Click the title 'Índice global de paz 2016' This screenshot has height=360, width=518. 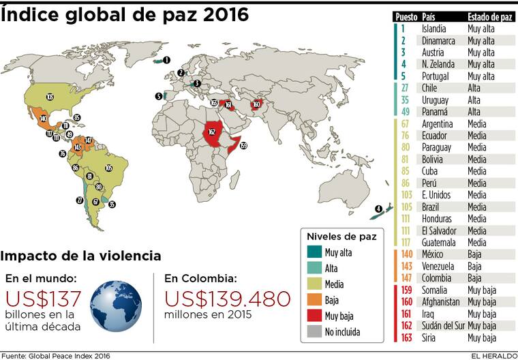click(125, 14)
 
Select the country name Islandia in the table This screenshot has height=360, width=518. click(434, 29)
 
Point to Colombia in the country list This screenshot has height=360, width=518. click(436, 278)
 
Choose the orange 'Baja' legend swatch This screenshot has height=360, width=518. click(314, 301)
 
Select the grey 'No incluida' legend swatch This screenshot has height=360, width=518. click(314, 333)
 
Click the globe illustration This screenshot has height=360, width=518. click(116, 305)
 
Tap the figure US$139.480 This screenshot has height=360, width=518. click(228, 299)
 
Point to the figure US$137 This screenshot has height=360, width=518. click(44, 299)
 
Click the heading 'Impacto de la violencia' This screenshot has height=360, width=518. click(81, 256)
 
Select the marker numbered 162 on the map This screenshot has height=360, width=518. click(211, 132)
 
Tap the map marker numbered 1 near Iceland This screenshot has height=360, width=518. click(167, 61)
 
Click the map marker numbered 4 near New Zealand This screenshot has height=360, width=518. click(378, 209)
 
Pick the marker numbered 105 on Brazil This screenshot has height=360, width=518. click(108, 168)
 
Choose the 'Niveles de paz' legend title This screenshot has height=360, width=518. click(341, 237)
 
